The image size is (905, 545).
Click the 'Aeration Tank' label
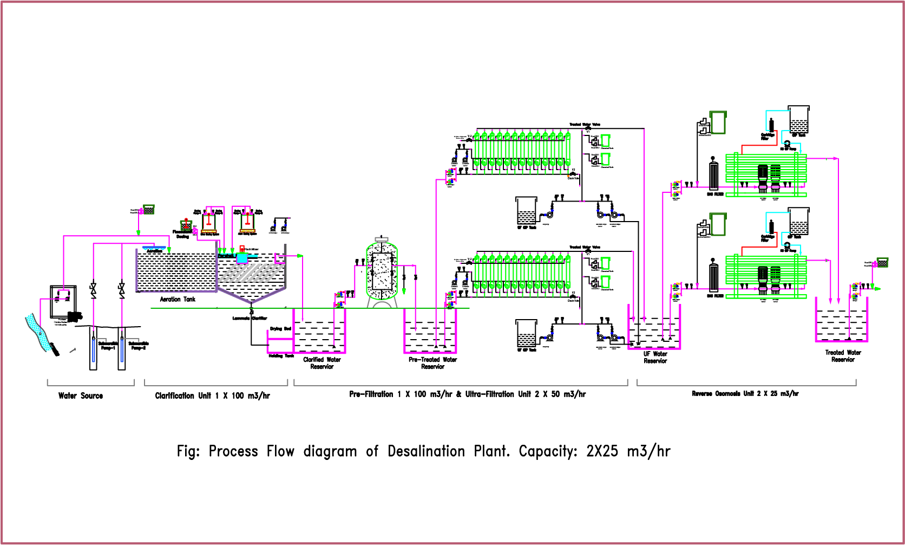pos(178,299)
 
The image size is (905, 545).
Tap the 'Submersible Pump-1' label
pos(108,346)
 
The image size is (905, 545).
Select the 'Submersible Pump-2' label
pos(139,346)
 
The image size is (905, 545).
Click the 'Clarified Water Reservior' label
pos(322,363)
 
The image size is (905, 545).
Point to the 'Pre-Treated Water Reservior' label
pos(432,363)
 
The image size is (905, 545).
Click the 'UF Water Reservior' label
pos(655,358)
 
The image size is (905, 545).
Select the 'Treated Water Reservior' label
pos(843,356)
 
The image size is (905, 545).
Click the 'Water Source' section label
pos(81,396)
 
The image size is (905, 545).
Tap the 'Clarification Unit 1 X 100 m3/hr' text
pos(212,396)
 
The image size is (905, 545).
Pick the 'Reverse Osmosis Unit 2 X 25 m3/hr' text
pos(745,394)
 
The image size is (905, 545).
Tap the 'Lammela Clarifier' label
pos(250,319)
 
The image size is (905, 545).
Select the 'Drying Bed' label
pos(280,329)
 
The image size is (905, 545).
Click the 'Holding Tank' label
pos(281,356)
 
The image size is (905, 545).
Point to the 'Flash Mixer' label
pos(252,250)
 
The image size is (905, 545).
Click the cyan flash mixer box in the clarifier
pos(242,258)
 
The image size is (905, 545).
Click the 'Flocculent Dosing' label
pos(183,234)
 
